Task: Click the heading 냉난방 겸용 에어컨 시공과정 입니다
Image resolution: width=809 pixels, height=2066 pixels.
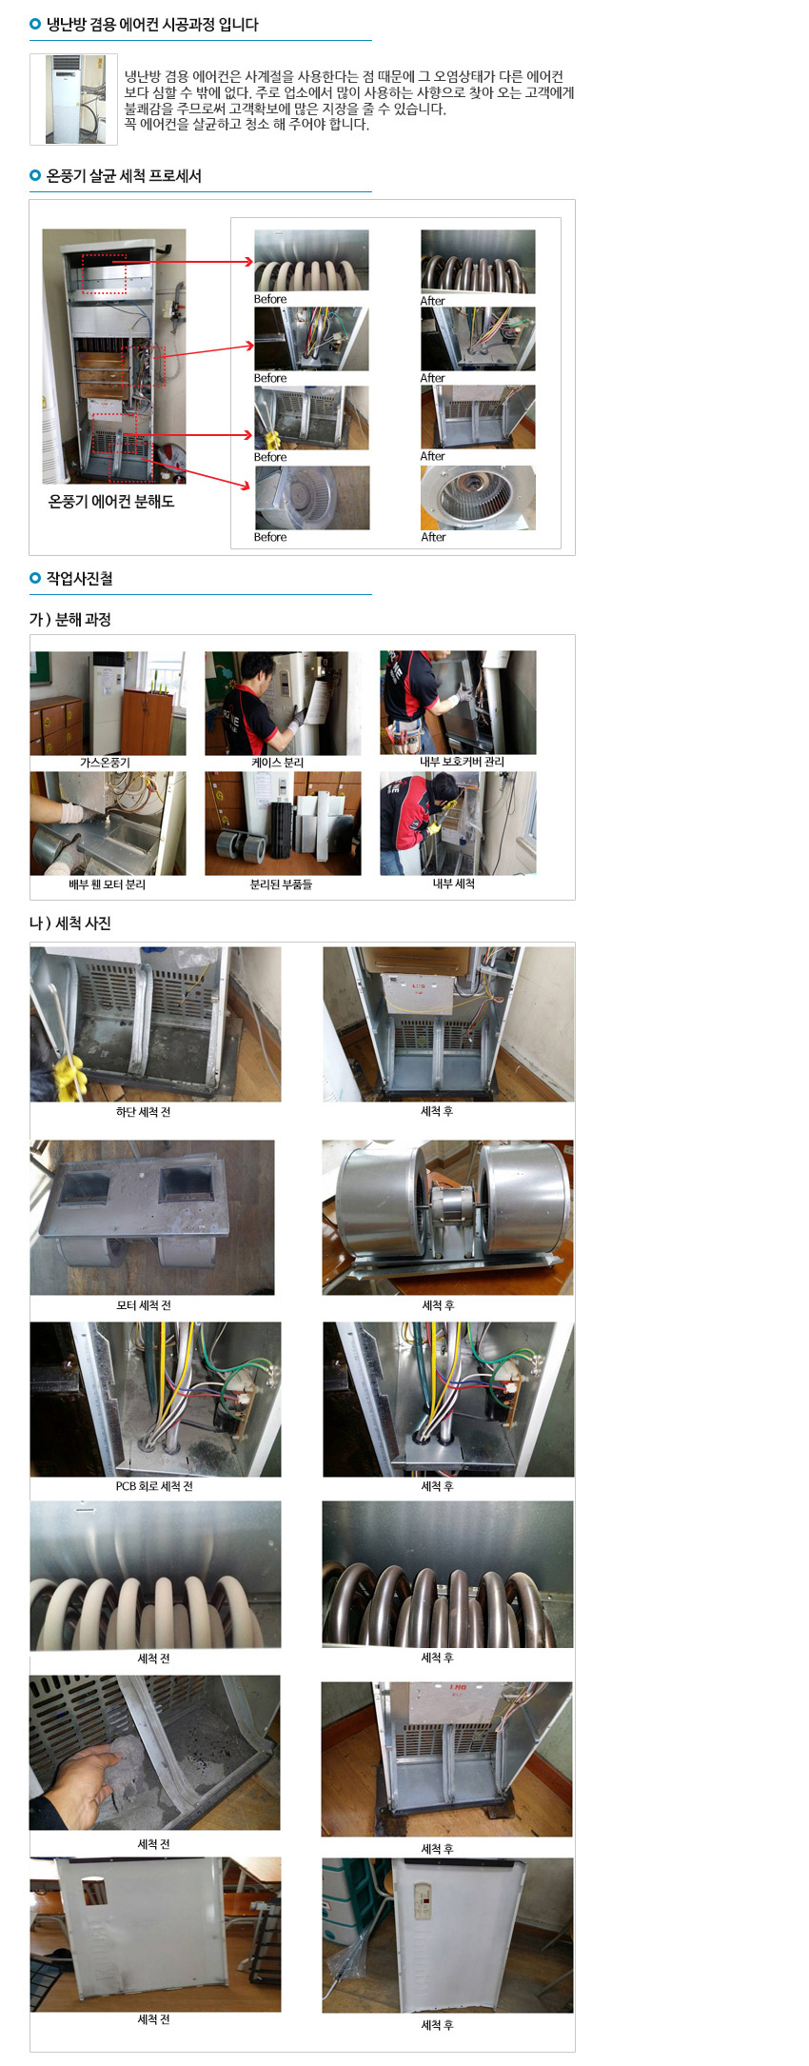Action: [152, 25]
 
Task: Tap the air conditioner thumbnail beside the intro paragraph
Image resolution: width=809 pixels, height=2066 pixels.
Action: [73, 99]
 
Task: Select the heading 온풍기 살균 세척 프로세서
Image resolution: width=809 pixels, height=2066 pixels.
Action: [124, 176]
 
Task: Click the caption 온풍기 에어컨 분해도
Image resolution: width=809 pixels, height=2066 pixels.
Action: [111, 502]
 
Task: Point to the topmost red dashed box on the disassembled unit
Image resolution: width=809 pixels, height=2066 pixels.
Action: [104, 274]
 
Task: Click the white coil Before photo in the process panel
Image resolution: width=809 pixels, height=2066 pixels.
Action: [311, 260]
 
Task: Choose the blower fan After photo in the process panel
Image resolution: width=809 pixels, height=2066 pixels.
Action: [478, 498]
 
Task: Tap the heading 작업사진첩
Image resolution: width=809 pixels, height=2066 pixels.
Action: [80, 579]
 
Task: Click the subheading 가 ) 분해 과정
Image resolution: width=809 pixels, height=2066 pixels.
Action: [70, 620]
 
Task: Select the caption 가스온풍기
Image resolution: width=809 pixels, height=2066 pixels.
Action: [105, 763]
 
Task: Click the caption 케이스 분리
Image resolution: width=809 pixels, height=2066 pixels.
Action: [278, 763]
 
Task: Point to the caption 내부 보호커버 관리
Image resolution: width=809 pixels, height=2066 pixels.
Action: [463, 762]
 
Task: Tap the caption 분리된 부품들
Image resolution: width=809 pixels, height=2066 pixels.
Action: [281, 884]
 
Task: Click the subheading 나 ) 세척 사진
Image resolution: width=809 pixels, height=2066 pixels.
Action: [70, 924]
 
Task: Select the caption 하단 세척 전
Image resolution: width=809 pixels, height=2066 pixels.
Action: [144, 1112]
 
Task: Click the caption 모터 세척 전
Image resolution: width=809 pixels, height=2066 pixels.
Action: [144, 1305]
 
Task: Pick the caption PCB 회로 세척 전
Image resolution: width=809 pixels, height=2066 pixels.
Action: [154, 1486]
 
